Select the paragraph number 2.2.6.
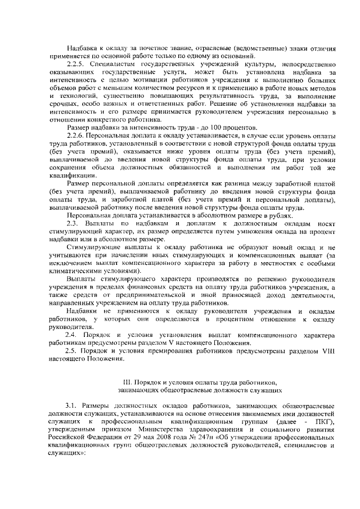75,137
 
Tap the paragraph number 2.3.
71,224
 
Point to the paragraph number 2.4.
71,335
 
